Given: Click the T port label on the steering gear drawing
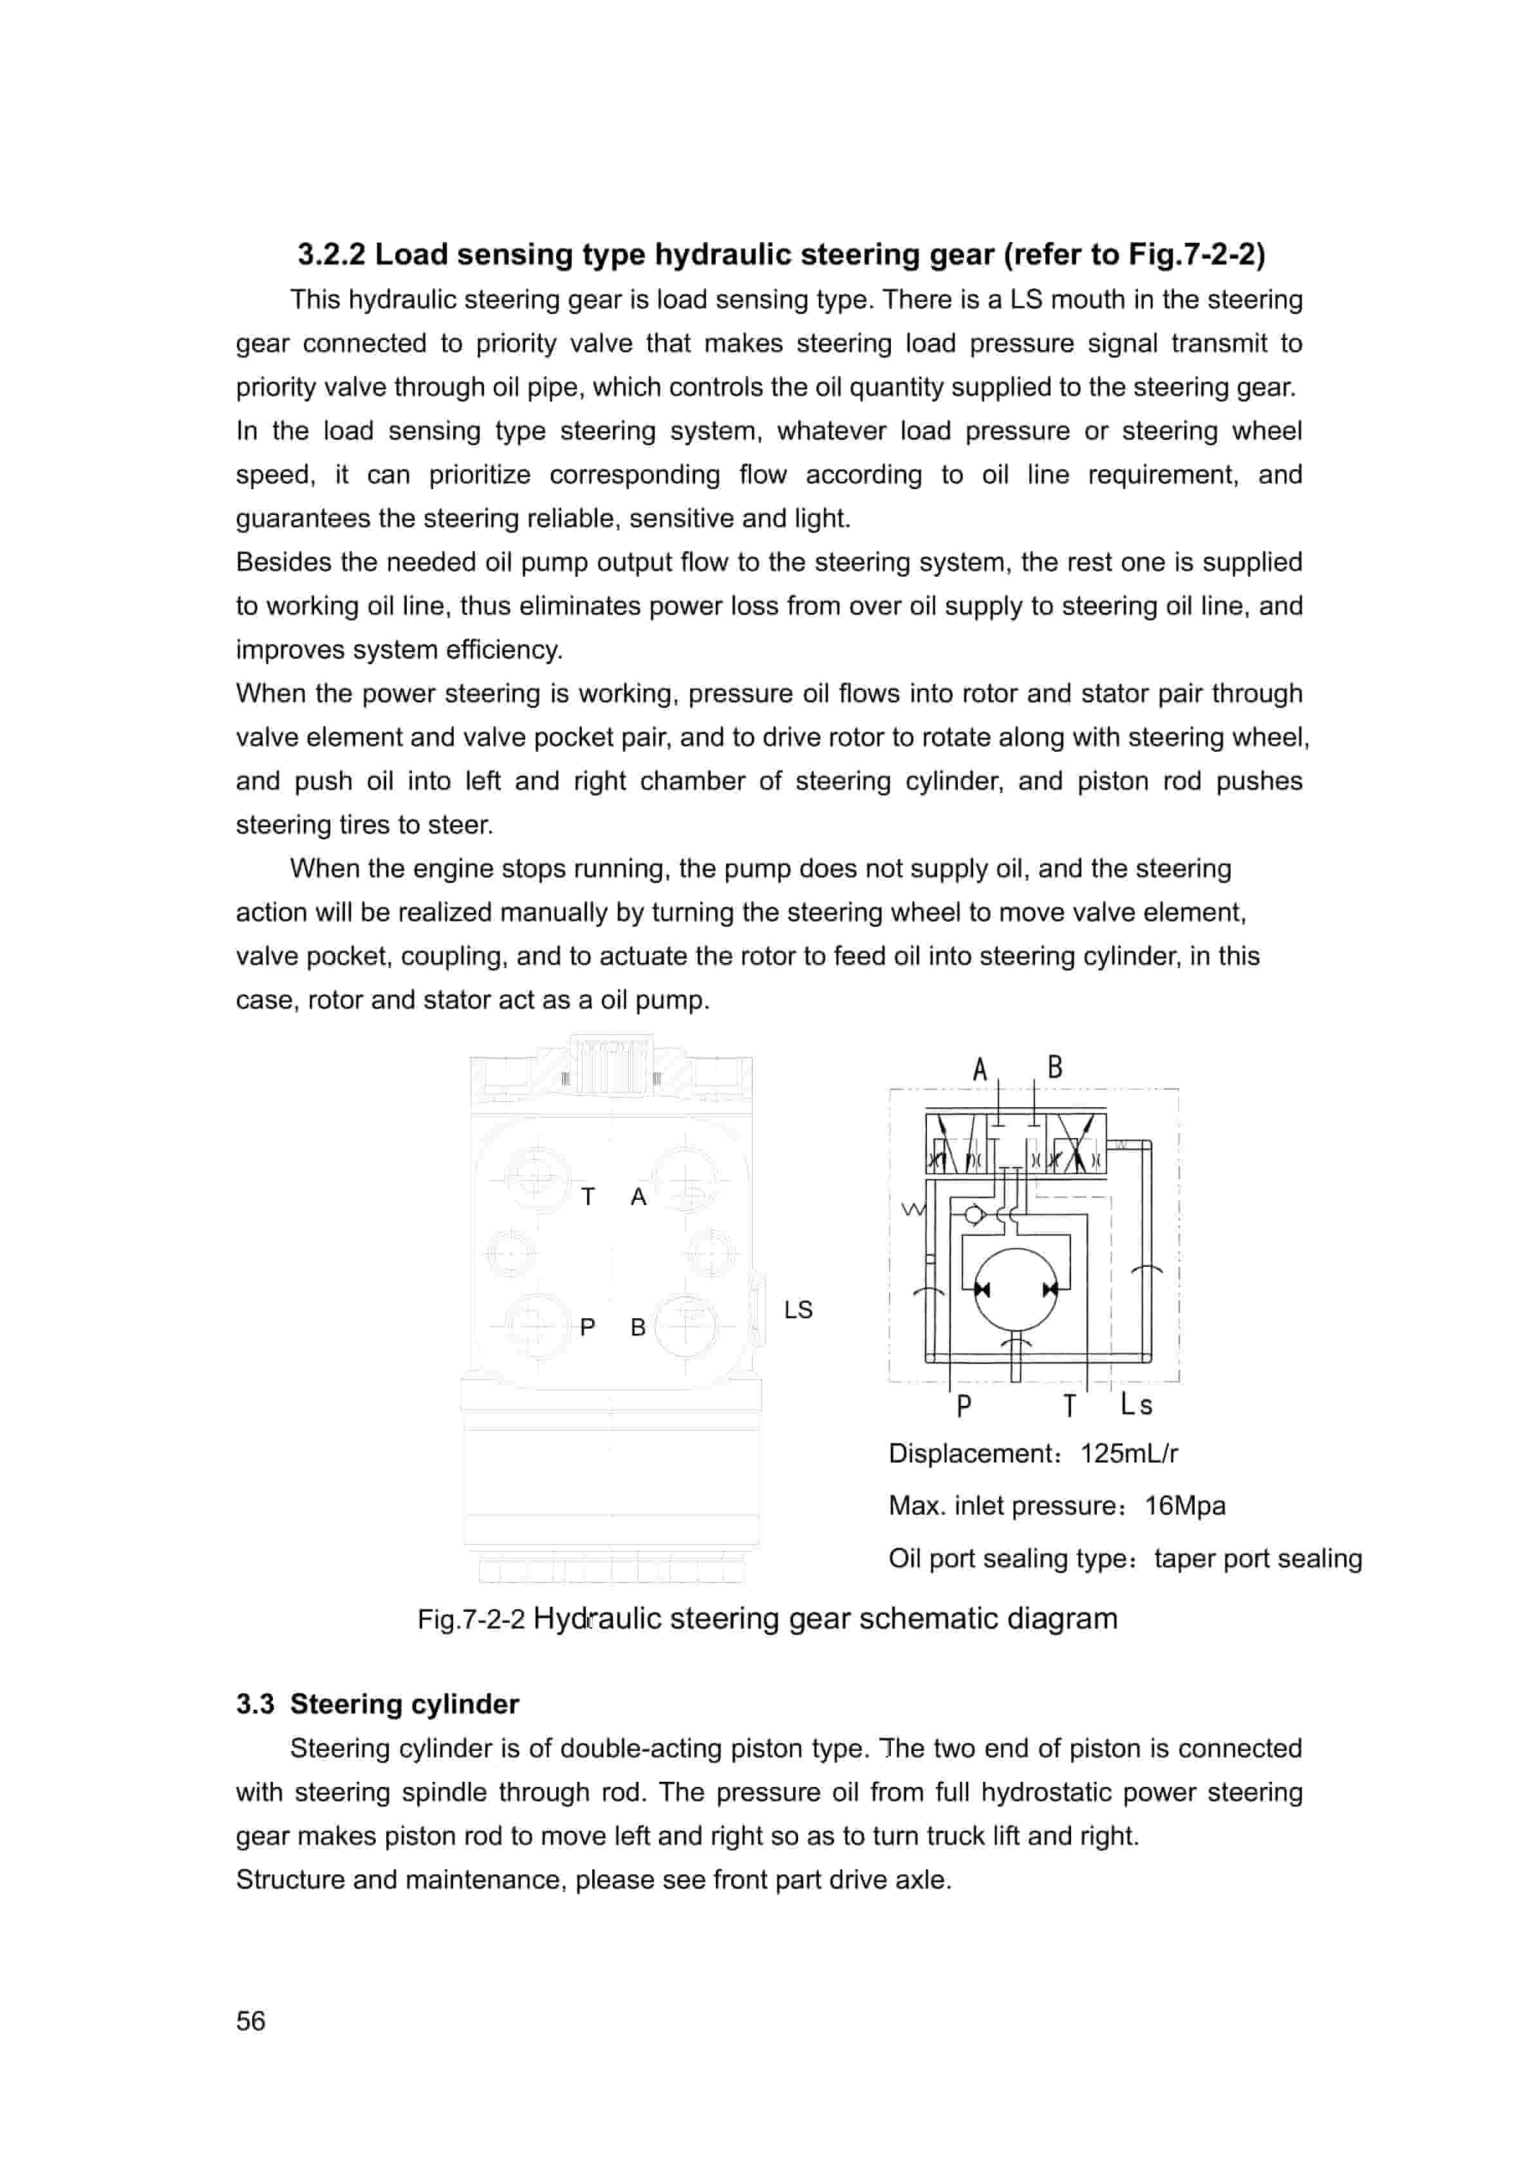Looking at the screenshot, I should (588, 1197).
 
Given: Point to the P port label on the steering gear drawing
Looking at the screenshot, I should (588, 1327).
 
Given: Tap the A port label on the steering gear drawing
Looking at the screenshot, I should (639, 1197).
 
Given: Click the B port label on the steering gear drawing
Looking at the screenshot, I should (639, 1327).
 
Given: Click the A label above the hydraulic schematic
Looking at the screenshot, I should (980, 1070).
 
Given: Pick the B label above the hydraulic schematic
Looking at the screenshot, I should (1055, 1067).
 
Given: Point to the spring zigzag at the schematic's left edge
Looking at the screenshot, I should (913, 1209).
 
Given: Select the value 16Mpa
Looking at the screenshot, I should (1184, 1505).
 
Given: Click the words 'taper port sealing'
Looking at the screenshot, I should (1257, 1558).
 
